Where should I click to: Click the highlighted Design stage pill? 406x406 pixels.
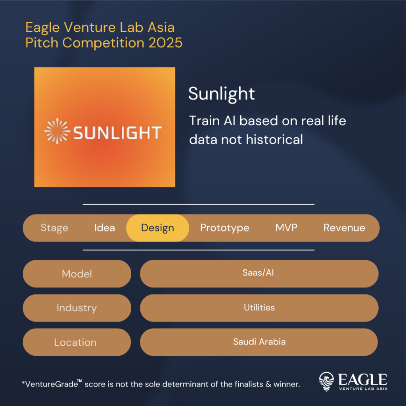pyautogui.click(x=157, y=228)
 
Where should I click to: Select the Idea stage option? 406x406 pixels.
pyautogui.click(x=105, y=228)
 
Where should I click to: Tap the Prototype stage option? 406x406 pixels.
pyautogui.click(x=224, y=228)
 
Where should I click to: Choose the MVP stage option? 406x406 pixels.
pyautogui.click(x=286, y=228)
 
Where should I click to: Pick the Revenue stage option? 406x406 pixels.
pyautogui.click(x=344, y=228)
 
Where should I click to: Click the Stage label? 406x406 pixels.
pyautogui.click(x=54, y=228)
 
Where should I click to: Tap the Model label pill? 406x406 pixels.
pyautogui.click(x=77, y=274)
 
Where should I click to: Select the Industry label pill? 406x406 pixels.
pyautogui.click(x=77, y=308)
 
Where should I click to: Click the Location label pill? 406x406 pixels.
pyautogui.click(x=77, y=342)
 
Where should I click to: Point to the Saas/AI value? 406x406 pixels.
pyautogui.click(x=258, y=273)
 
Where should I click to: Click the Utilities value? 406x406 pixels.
pyautogui.click(x=259, y=307)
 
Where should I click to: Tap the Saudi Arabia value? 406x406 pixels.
pyautogui.click(x=259, y=342)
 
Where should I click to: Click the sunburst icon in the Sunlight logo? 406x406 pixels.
pyautogui.click(x=57, y=131)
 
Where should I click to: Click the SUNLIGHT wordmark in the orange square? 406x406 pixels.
pyautogui.click(x=117, y=133)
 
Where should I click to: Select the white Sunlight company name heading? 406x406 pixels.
pyautogui.click(x=221, y=94)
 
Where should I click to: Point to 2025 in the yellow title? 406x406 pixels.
pyautogui.click(x=165, y=43)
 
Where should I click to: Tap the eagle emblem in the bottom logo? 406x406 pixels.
pyautogui.click(x=326, y=381)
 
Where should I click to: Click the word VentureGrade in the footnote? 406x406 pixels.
pyautogui.click(x=52, y=384)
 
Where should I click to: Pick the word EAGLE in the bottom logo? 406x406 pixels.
pyautogui.click(x=363, y=379)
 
